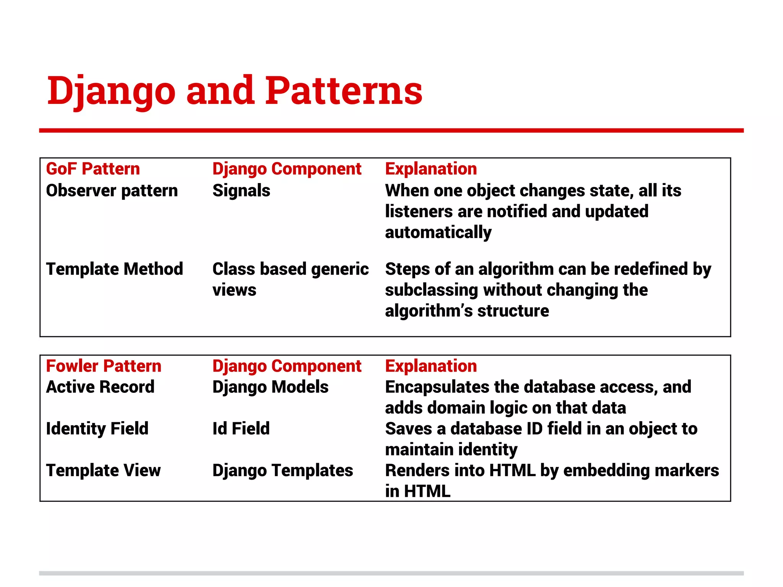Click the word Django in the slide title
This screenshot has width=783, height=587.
click(x=111, y=91)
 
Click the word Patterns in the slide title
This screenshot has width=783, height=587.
click(x=343, y=91)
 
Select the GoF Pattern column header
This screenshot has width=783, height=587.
click(x=93, y=169)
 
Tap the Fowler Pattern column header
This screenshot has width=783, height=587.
click(x=104, y=366)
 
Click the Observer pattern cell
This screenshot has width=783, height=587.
click(x=112, y=190)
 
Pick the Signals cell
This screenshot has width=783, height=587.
click(x=241, y=190)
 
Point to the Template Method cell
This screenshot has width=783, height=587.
click(x=114, y=269)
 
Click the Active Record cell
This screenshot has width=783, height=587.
click(x=100, y=387)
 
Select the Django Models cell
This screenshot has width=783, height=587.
click(x=270, y=387)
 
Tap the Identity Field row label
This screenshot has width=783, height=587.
click(x=97, y=428)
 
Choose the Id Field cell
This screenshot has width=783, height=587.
click(x=241, y=428)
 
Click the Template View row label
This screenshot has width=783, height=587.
click(x=103, y=470)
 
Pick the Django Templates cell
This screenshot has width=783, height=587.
click(x=283, y=470)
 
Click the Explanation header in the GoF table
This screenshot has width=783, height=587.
click(x=431, y=169)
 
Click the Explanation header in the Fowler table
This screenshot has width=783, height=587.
click(x=431, y=366)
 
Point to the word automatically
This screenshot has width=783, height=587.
click(x=438, y=232)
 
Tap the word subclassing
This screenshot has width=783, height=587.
click(x=431, y=290)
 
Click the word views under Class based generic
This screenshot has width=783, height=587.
click(x=234, y=290)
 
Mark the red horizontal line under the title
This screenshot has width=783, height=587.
click(x=391, y=131)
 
